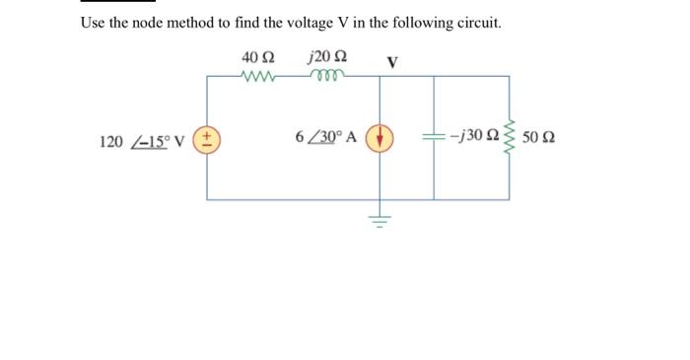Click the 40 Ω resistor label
pos(255,56)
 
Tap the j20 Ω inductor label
pos(324,56)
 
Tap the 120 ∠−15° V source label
pos(149,140)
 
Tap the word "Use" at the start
pos(93,22)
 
